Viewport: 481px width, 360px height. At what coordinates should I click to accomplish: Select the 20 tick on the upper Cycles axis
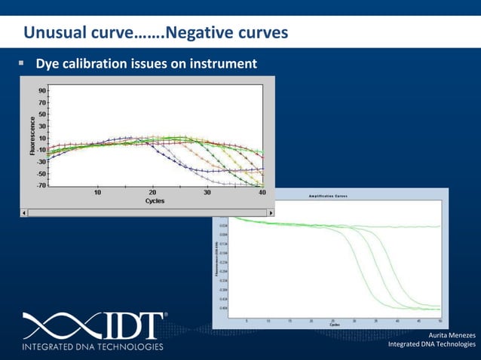point(152,193)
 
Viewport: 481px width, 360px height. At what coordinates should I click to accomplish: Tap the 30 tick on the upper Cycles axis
point(207,193)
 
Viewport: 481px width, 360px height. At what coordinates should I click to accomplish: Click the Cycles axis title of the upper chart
point(155,201)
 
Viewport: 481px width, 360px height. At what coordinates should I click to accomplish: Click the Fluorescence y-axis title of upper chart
point(32,136)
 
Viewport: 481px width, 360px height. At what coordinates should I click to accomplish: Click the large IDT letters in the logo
point(129,326)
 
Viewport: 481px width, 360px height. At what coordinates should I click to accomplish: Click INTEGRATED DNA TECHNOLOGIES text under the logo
point(93,347)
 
